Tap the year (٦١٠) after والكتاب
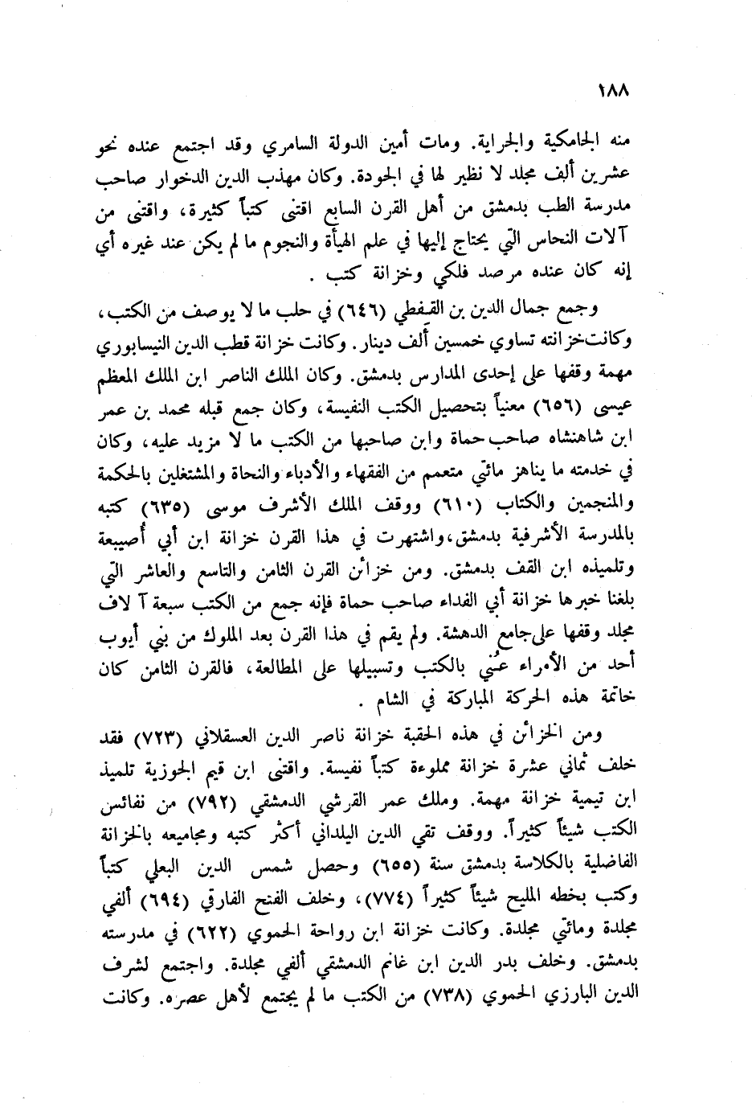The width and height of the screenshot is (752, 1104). click(x=456, y=506)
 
